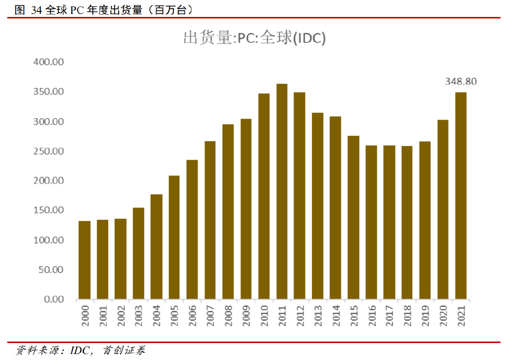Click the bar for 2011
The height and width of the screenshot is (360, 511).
282,191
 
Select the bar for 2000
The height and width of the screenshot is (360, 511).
85,260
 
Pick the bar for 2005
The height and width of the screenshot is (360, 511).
174,237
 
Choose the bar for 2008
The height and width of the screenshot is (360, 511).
228,211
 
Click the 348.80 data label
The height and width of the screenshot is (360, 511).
461,82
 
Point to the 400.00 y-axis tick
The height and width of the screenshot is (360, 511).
48,62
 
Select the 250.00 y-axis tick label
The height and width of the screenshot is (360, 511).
48,151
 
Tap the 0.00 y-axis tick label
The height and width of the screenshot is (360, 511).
53,299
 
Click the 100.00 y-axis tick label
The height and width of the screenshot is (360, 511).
48,240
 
